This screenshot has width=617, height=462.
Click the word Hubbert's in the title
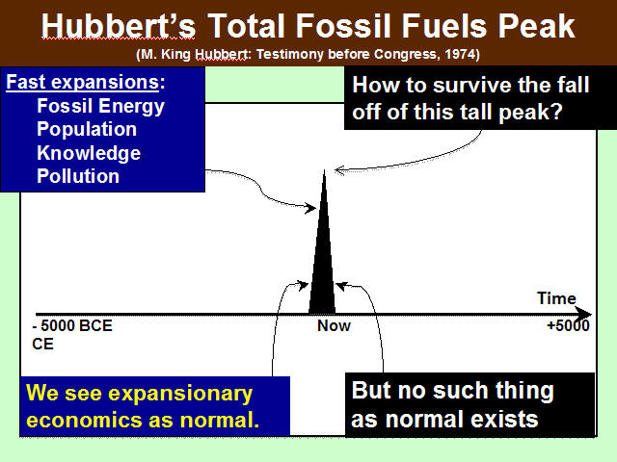(x=118, y=26)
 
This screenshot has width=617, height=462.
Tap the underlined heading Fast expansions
(x=83, y=82)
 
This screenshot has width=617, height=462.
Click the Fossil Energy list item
(x=100, y=107)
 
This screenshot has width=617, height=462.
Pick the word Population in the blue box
(x=87, y=129)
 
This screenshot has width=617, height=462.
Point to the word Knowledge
(x=89, y=153)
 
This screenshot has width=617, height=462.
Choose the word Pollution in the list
(x=78, y=176)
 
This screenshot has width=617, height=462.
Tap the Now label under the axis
(x=334, y=325)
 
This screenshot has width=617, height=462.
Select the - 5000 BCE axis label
(x=72, y=325)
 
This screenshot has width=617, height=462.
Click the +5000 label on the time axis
(x=568, y=325)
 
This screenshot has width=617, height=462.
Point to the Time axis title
(x=556, y=298)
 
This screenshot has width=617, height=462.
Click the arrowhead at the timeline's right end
(x=585, y=315)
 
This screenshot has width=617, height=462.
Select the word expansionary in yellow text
(x=180, y=394)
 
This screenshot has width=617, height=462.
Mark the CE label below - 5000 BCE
(x=42, y=345)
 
